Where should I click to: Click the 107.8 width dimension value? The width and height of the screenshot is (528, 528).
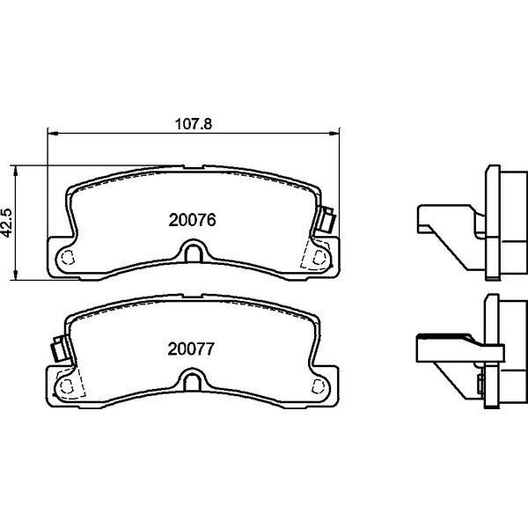pyautogui.click(x=194, y=124)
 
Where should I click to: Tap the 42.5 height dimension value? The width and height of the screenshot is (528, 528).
pyautogui.click(x=7, y=223)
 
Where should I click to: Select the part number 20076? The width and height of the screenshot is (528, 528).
pyautogui.click(x=192, y=220)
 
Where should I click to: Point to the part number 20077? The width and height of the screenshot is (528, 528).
pyautogui.click(x=191, y=348)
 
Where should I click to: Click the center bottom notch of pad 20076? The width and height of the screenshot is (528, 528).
pyautogui.click(x=194, y=252)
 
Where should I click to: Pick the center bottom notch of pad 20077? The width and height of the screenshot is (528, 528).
pyautogui.click(x=193, y=381)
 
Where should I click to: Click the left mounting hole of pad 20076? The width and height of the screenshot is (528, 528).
pyautogui.click(x=68, y=258)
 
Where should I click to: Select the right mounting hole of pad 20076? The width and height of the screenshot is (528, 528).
pyautogui.click(x=319, y=258)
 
